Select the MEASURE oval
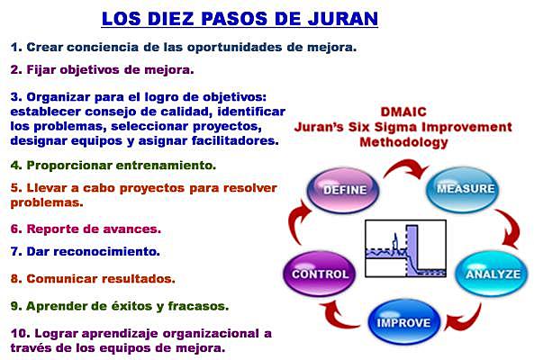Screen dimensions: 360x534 click(465, 188)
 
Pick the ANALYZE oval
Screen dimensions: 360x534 click(492, 274)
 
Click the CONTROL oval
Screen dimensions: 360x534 click(318, 274)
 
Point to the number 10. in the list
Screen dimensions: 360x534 click(18, 333)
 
